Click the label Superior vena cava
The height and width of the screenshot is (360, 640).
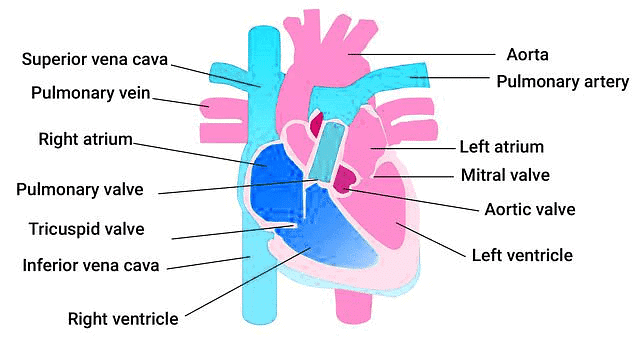[x=96, y=58]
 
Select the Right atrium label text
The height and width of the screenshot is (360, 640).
[x=85, y=138]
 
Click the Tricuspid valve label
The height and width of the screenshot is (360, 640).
[x=86, y=229]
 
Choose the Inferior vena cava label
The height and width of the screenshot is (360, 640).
[x=92, y=266]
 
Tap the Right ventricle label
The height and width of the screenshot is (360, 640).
[x=123, y=319]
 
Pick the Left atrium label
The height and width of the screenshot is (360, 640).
[x=501, y=147]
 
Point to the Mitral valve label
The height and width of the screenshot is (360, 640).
[x=505, y=175]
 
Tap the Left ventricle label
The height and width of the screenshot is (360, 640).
[x=522, y=255]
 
